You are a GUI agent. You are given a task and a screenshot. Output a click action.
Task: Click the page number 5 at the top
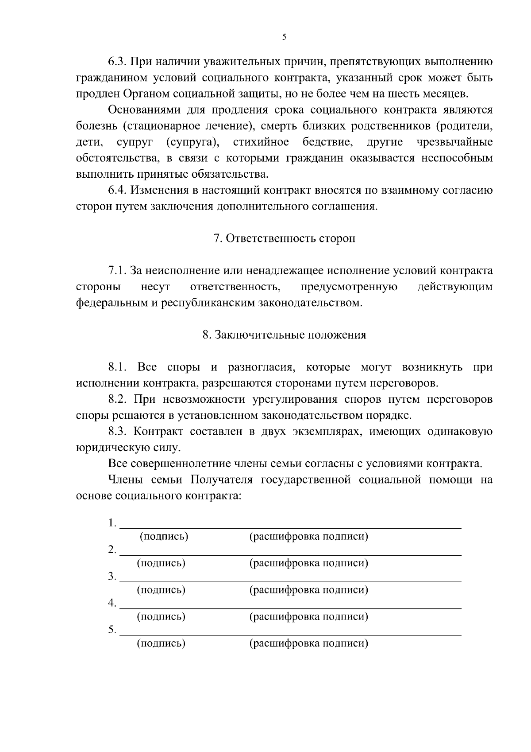[x=284, y=37]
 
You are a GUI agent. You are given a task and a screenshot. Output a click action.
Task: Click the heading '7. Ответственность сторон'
[x=285, y=238]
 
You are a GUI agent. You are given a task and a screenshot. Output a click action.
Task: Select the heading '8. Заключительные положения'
[x=284, y=335]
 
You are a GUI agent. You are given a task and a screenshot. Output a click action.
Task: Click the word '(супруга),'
[x=194, y=142]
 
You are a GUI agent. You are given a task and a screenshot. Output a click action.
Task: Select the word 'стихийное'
[x=261, y=142]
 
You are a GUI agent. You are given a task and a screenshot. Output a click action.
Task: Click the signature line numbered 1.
[x=290, y=527]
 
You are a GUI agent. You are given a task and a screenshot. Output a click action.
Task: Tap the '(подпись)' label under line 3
[x=161, y=590]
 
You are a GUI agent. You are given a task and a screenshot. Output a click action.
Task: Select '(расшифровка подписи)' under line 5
[x=309, y=643]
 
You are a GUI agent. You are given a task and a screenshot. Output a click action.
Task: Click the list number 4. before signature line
[x=112, y=603]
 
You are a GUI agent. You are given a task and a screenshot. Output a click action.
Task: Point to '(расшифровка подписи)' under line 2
[x=309, y=563]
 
